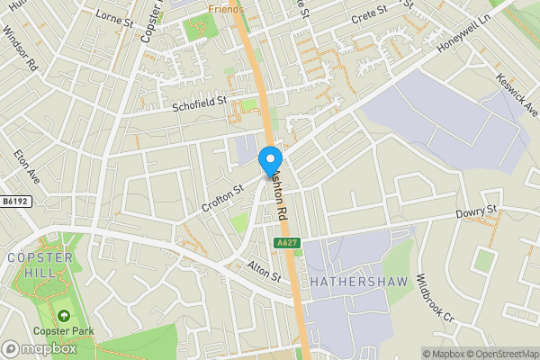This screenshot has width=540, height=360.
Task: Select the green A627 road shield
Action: (286, 244)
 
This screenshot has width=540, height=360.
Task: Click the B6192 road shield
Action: (15, 202)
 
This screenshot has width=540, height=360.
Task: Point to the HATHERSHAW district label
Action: (358, 282)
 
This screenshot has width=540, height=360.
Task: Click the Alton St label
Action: (264, 274)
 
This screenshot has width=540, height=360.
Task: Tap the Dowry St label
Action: (477, 213)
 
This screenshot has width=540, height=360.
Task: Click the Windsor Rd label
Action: (19, 49)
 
